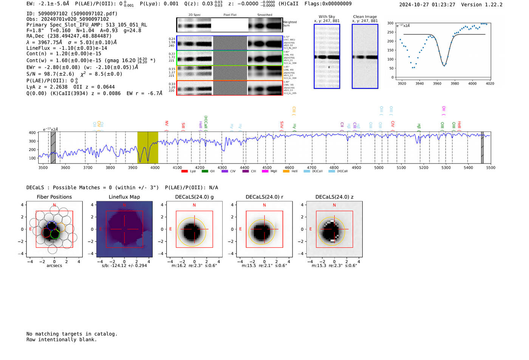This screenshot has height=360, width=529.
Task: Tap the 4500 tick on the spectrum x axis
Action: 267,168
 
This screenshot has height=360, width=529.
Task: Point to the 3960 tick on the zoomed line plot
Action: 437,83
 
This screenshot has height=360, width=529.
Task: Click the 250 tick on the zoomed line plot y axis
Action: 390,32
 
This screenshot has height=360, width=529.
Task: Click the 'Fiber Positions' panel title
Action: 54,197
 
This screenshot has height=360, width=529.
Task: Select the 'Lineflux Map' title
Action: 124,197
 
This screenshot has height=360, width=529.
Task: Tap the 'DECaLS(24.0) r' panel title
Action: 264,197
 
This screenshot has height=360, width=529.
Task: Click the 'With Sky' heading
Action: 327,17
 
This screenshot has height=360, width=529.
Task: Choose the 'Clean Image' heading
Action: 365,17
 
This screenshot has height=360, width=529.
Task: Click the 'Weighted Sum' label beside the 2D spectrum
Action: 290,24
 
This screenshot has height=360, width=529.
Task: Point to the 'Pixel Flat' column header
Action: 230,15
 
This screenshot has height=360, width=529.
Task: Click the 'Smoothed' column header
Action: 264,15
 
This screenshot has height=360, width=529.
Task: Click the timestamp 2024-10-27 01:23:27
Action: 427,5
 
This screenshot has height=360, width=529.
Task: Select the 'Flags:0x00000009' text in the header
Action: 328,3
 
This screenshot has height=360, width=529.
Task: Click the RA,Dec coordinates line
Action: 69,36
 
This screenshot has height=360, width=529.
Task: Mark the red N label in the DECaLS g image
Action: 194,205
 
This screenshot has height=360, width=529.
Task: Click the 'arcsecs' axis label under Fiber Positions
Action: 54,266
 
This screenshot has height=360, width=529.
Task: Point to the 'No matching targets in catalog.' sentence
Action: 72,334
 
